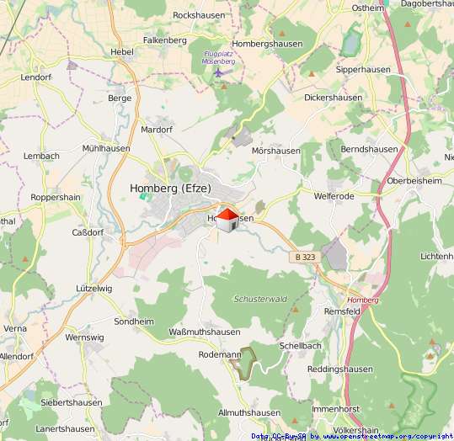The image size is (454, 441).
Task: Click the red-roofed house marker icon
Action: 227,220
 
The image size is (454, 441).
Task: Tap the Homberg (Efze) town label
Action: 171,189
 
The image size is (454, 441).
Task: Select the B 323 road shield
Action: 307,256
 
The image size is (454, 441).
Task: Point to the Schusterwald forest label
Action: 260,299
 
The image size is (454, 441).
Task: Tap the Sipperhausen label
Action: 335,71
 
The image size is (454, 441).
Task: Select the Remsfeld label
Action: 343,311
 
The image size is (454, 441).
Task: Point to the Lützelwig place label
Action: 93,288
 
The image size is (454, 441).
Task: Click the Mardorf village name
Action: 157,130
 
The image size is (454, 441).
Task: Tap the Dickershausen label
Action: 333,98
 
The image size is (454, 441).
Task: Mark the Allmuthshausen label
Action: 248,413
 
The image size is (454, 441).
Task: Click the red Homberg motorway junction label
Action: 363,300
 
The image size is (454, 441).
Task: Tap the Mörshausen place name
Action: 275,151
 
